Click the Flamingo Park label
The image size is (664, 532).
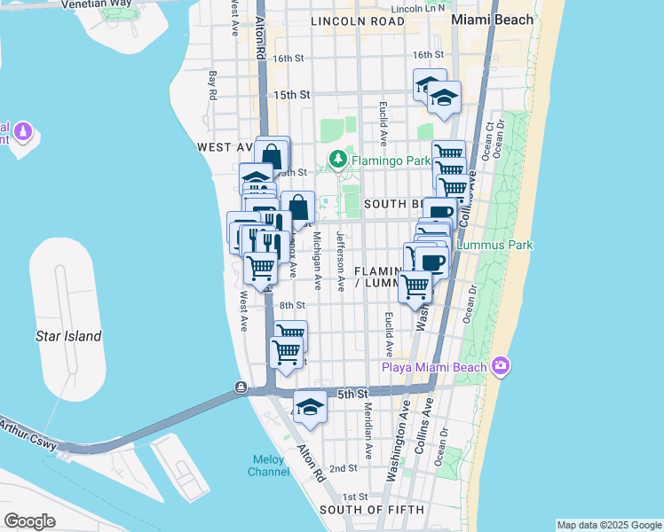(x=389, y=160)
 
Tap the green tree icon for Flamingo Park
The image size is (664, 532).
(x=337, y=160)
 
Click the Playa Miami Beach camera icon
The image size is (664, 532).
(x=501, y=366)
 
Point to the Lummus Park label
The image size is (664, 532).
(x=494, y=244)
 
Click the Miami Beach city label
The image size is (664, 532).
(x=492, y=20)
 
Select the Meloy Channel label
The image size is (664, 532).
(x=267, y=466)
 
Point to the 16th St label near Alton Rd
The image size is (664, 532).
(x=289, y=59)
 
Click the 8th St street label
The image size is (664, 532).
(x=292, y=305)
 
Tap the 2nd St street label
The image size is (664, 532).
(x=343, y=468)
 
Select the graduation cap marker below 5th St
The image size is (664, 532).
(x=310, y=407)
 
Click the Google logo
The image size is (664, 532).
(x=29, y=521)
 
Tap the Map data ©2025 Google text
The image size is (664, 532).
(x=609, y=525)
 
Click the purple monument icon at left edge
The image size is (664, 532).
(x=23, y=134)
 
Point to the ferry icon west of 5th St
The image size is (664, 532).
(x=241, y=387)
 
